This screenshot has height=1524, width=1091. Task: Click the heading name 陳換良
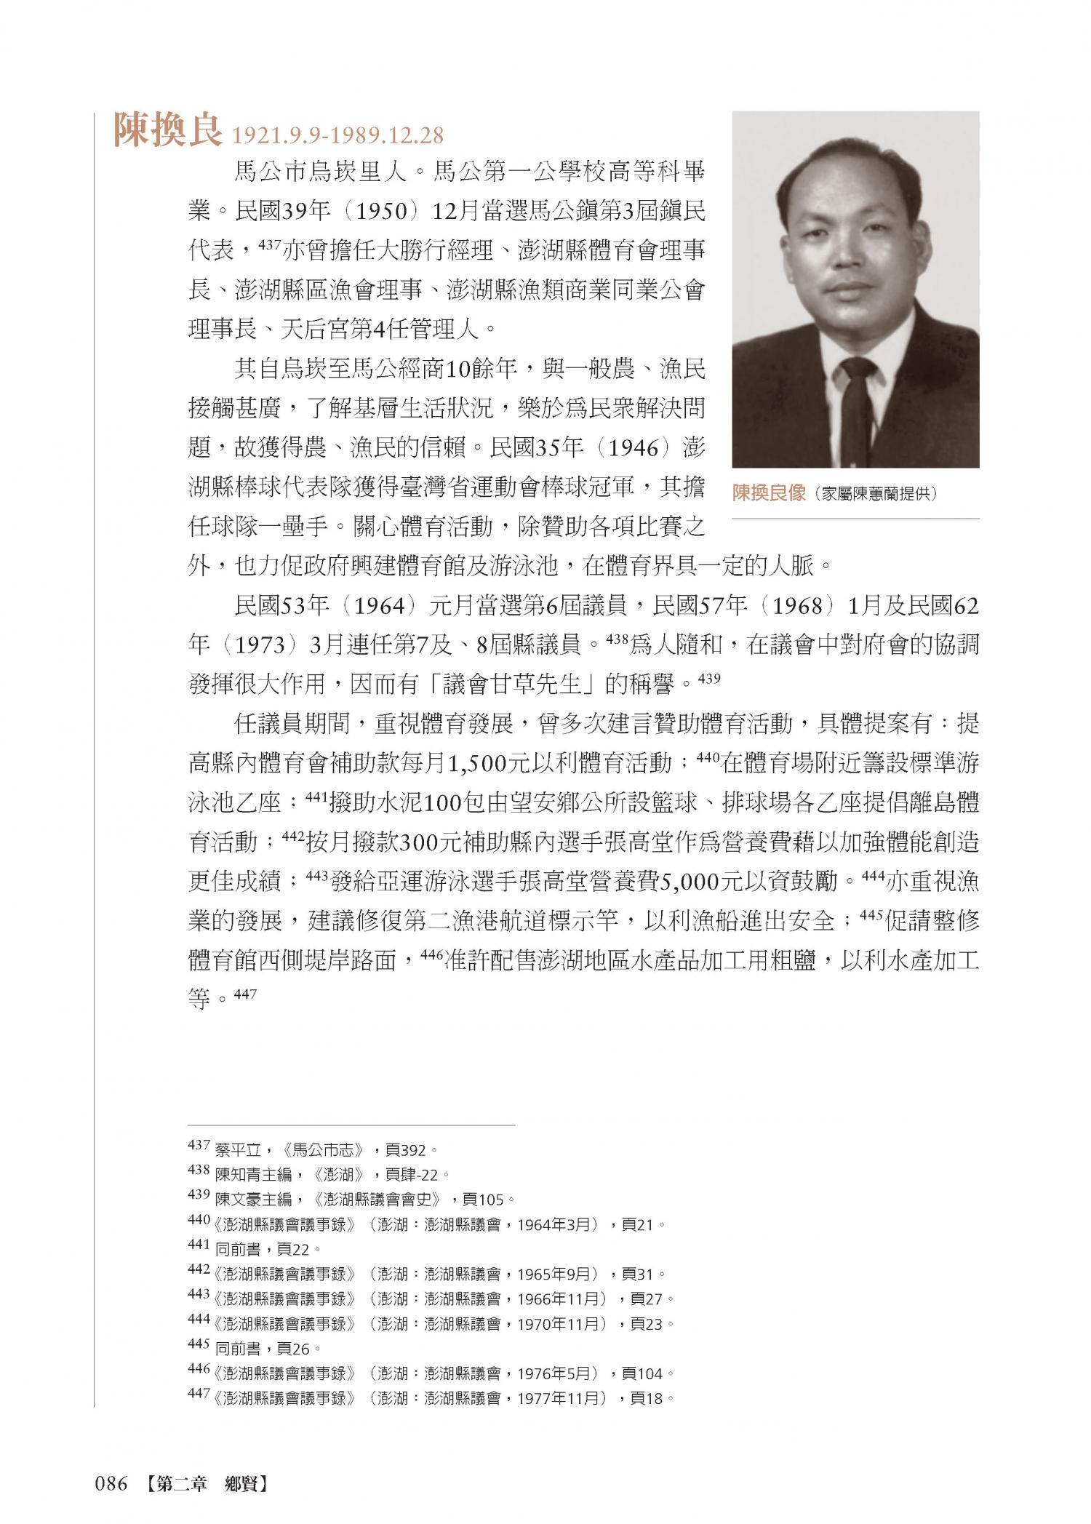[167, 132]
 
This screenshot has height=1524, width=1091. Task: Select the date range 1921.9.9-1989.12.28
[336, 136]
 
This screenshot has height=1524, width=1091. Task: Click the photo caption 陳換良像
[770, 493]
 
